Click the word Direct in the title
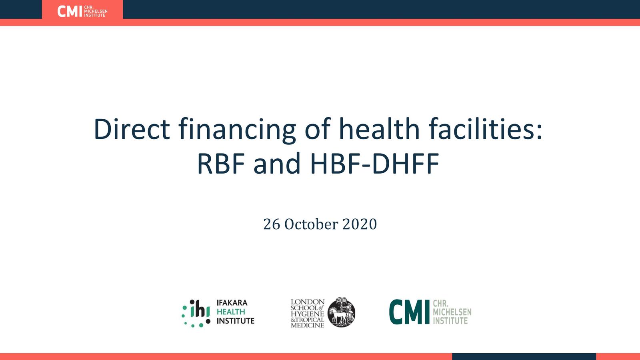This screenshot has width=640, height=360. point(132,129)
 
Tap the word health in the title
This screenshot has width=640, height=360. point(379,129)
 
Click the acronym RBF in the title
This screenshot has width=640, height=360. point(221,164)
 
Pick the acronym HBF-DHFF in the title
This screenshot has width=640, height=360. point(375,164)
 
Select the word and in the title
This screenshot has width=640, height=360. point(277,164)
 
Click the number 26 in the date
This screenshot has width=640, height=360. point(272,224)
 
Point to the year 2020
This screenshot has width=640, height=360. point(360,224)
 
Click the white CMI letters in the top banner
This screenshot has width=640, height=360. point(70,11)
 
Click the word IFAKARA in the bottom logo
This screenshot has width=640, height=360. point(232,303)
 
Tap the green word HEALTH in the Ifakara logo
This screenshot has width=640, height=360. point(231,312)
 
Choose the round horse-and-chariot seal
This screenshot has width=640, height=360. point(341,312)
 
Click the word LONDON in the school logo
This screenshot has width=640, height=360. point(307,302)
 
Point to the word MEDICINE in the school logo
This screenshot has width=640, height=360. point(307,325)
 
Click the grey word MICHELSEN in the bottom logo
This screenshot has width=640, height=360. point(452,312)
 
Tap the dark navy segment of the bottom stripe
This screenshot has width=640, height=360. point(524,356)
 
